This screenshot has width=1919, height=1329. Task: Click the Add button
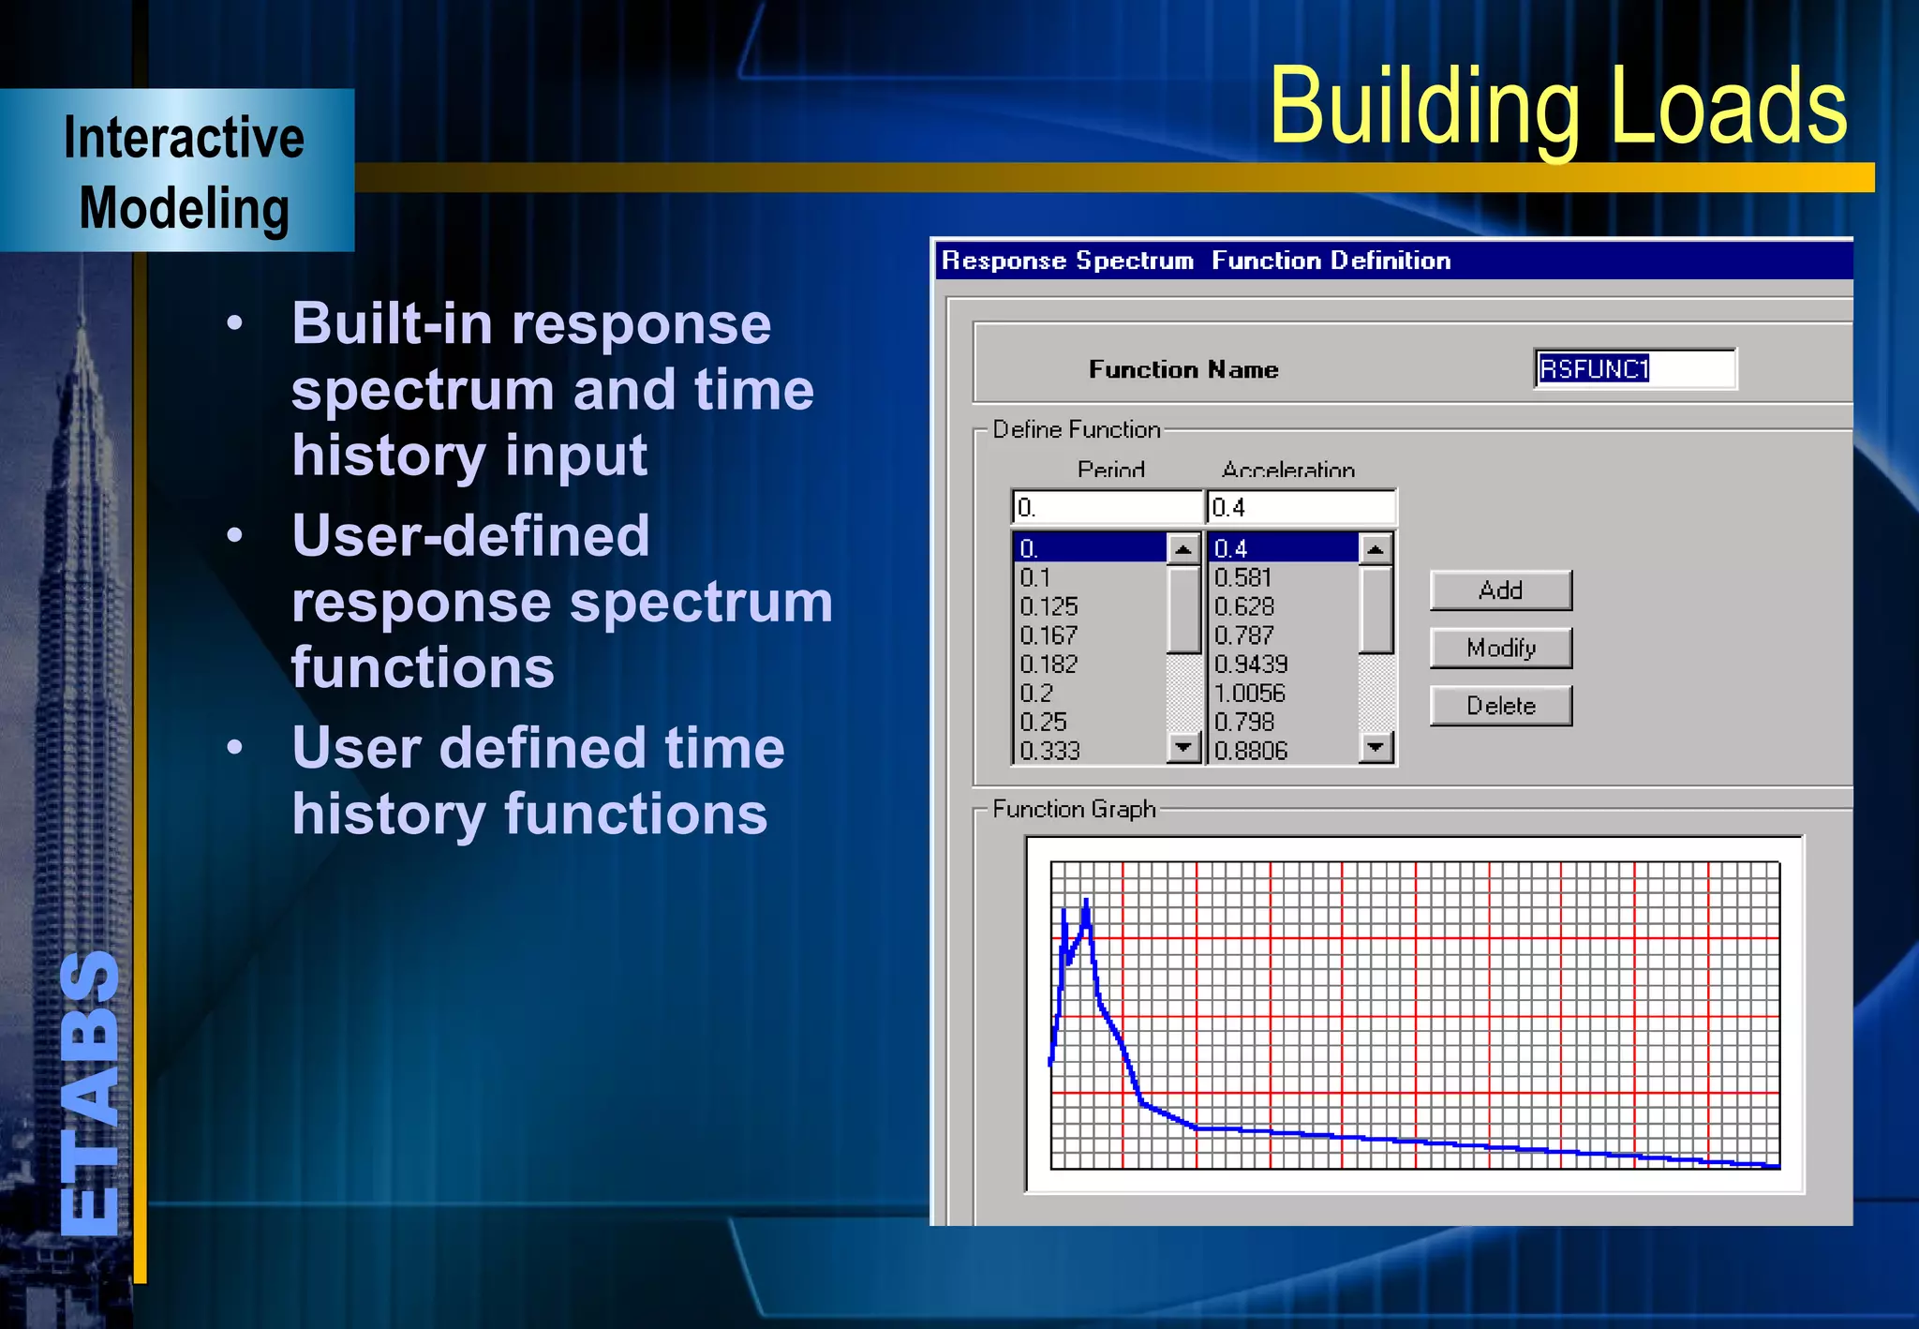pyautogui.click(x=1500, y=590)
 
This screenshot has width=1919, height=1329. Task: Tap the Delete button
pyautogui.click(x=1500, y=706)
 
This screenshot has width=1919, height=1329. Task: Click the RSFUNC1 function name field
pyautogui.click(x=1634, y=368)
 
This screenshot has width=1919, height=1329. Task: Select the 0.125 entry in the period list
pyautogui.click(x=1049, y=606)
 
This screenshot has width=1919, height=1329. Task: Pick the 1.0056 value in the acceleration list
pyautogui.click(x=1250, y=693)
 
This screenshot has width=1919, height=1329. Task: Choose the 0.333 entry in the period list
pyautogui.click(x=1050, y=751)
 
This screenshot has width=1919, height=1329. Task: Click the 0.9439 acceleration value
pyautogui.click(x=1251, y=664)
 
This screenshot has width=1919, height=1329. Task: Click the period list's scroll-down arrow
pyautogui.click(x=1184, y=747)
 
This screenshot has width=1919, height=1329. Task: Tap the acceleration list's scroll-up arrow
pyautogui.click(x=1376, y=548)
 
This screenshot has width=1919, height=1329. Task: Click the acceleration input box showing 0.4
pyautogui.click(x=1301, y=508)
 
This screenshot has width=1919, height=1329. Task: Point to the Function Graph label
pyautogui.click(x=1074, y=809)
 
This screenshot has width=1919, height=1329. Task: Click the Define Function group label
pyautogui.click(x=1077, y=429)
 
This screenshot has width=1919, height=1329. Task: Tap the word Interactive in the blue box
pyautogui.click(x=184, y=139)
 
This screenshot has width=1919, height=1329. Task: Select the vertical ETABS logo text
pyautogui.click(x=90, y=1092)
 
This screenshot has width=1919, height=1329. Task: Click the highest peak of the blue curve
pyautogui.click(x=1086, y=902)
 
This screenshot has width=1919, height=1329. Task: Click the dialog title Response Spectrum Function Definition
pyautogui.click(x=1196, y=261)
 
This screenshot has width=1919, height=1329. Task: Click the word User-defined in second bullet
pyautogui.click(x=470, y=535)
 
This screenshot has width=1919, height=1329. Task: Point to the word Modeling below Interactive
pyautogui.click(x=184, y=208)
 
